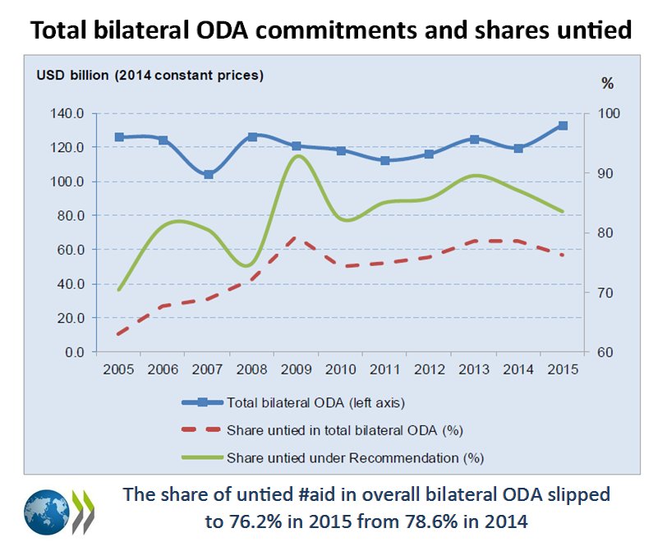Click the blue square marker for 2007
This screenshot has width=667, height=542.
209,174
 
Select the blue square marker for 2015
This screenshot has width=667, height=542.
563,126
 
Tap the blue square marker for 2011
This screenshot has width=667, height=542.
385,160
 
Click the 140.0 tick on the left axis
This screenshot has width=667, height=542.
66,114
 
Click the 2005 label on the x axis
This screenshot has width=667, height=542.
119,369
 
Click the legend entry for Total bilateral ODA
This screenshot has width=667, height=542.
316,402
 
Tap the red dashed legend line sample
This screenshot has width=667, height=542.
200,429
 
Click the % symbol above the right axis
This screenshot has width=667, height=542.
607,83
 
